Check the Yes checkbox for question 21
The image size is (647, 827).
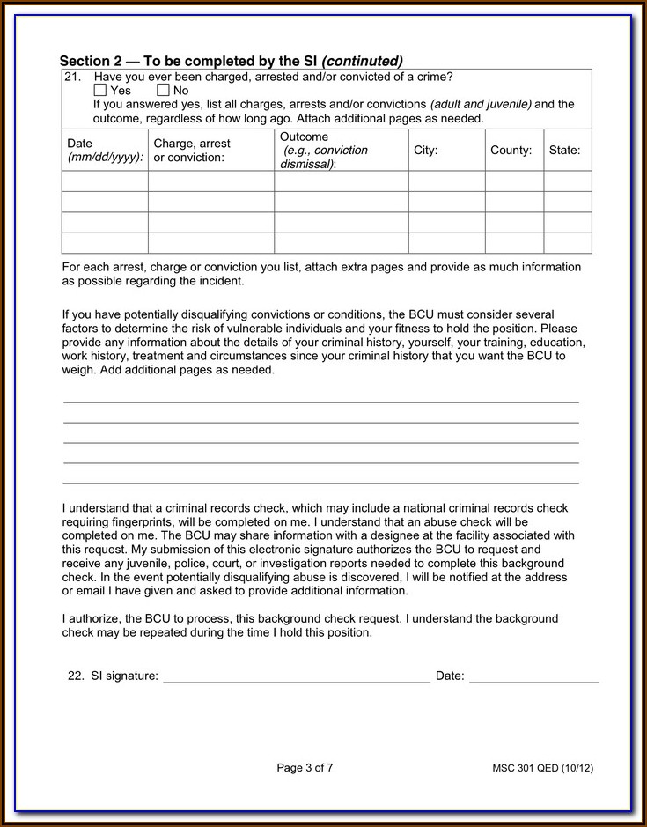pos(99,90)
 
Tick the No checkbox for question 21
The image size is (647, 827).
pos(163,90)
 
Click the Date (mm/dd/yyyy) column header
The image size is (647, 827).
pos(105,150)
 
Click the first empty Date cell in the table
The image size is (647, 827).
pos(105,181)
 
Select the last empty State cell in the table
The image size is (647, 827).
pos(567,243)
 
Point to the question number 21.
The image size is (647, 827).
pos(72,77)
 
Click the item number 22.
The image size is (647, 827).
pos(75,676)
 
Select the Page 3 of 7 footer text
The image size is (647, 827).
pos(305,768)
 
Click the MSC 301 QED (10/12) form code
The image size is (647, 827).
pos(542,768)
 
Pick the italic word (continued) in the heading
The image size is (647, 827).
pos(362,61)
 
